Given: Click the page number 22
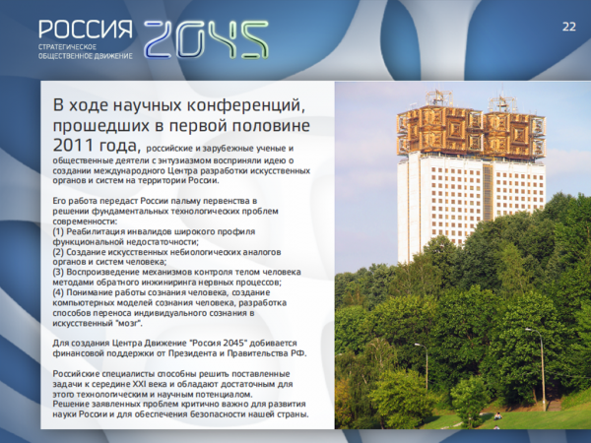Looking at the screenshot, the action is [x=569, y=27].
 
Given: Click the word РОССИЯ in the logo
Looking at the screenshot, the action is [x=86, y=30].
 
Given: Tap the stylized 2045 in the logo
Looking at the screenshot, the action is [x=206, y=39].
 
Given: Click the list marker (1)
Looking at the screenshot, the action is [x=58, y=231].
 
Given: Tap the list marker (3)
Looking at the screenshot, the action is [x=58, y=272].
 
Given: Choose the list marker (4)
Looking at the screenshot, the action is [x=58, y=292].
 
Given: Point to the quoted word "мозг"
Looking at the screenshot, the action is [x=129, y=323].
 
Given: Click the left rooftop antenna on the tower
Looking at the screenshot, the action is [x=438, y=97].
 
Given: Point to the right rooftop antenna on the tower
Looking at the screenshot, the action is [x=501, y=101].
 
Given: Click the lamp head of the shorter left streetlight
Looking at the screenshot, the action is [x=418, y=345].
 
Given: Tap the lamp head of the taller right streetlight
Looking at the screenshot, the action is [x=529, y=330].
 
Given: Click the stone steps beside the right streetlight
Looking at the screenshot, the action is [x=554, y=405].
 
